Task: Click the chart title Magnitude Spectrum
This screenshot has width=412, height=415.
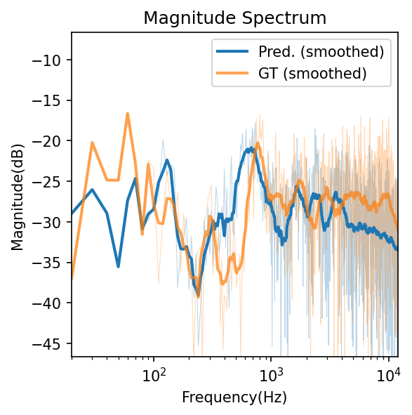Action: pyautogui.click(x=234, y=18)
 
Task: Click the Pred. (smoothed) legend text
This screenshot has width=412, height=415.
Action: pyautogui.click(x=321, y=51)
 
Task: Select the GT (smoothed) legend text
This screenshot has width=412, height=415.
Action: pyautogui.click(x=313, y=72)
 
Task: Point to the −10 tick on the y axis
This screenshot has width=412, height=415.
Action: pyautogui.click(x=53, y=60)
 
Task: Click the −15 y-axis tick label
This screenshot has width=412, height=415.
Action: pyautogui.click(x=53, y=100)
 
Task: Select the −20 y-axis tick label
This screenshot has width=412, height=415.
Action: pyautogui.click(x=53, y=141)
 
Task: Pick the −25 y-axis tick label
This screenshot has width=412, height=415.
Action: pyautogui.click(x=53, y=182)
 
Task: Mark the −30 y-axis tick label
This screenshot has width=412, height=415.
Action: pyautogui.click(x=53, y=222)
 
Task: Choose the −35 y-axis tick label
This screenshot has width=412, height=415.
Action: pyautogui.click(x=53, y=263)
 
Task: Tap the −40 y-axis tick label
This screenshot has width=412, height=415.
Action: pyautogui.click(x=53, y=303)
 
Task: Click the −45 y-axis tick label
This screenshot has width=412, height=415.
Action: pyautogui.click(x=53, y=343)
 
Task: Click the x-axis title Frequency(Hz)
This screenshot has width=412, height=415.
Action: pyautogui.click(x=234, y=397)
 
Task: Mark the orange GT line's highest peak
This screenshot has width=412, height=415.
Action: pyautogui.click(x=128, y=113)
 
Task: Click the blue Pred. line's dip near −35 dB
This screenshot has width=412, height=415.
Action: pyautogui.click(x=118, y=266)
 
